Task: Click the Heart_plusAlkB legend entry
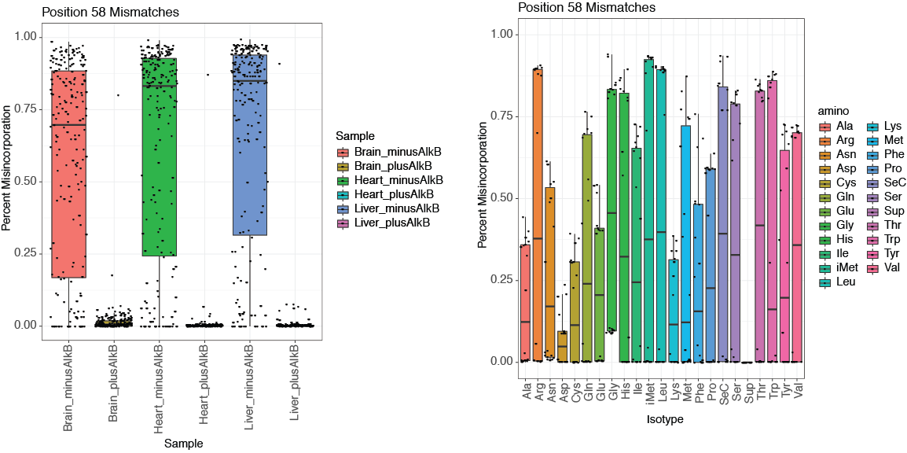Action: [384, 194]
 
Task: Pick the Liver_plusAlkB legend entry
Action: [384, 223]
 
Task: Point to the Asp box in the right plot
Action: [562, 346]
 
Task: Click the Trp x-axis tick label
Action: [773, 389]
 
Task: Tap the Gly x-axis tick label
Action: [611, 389]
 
